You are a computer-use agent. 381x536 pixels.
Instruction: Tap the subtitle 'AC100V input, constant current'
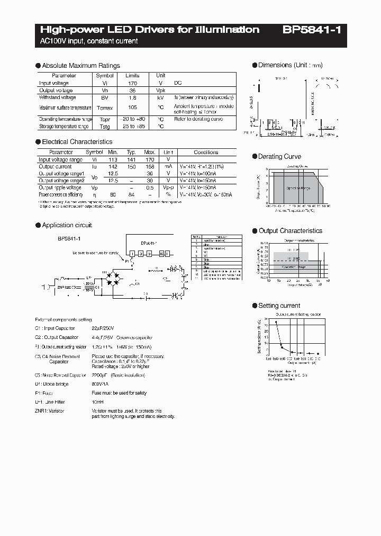[x=89, y=41]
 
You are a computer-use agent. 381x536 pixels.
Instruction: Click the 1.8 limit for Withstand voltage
[x=133, y=97]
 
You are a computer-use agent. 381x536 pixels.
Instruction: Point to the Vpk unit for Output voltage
[x=160, y=91]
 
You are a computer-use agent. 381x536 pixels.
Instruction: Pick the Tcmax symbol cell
[x=104, y=108]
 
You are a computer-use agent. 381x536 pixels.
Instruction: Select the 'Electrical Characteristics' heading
[x=77, y=142]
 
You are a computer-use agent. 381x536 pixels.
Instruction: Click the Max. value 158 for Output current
[x=150, y=166]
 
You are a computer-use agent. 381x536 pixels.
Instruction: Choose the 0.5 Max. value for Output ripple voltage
[x=150, y=187]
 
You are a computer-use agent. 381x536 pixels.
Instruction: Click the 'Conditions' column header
[x=206, y=152]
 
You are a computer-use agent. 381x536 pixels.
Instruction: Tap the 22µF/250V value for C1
[x=104, y=328]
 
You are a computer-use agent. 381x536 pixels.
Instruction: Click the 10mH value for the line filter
[x=98, y=402]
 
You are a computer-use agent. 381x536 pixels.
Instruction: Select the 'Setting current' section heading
[x=279, y=306]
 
